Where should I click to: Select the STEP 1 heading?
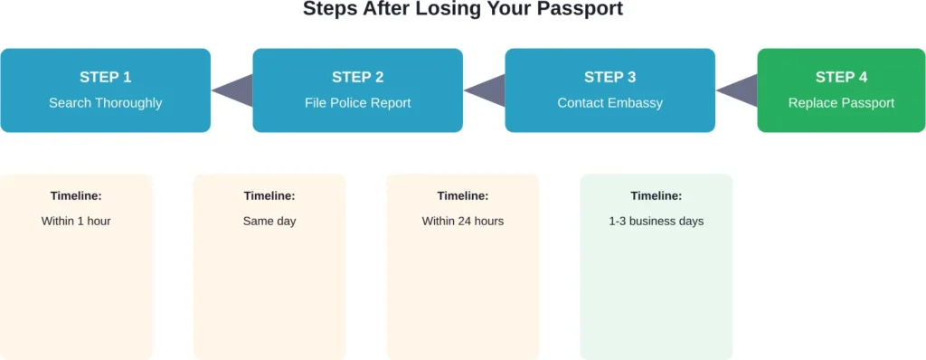click(105, 77)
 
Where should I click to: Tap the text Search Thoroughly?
click(105, 103)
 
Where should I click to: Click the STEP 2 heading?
click(357, 77)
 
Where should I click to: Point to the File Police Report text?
click(357, 103)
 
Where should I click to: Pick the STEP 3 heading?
click(609, 77)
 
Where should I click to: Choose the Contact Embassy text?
click(609, 103)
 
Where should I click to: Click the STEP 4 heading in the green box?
click(841, 77)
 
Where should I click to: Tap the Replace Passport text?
click(841, 103)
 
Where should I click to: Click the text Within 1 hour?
click(76, 221)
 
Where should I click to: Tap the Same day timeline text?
click(269, 221)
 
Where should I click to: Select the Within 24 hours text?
click(463, 221)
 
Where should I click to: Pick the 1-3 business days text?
click(656, 221)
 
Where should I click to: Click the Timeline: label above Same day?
click(269, 195)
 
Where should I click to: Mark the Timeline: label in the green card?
click(656, 195)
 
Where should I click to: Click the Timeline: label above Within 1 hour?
click(76, 195)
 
